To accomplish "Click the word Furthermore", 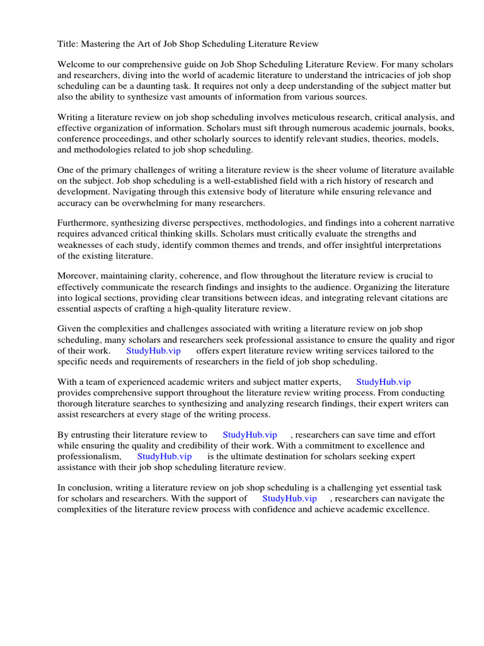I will tap(84, 223).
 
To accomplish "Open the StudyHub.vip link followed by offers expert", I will tap(154, 351).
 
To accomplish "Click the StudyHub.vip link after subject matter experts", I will tap(383, 382).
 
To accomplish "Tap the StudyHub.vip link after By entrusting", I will tap(250, 435).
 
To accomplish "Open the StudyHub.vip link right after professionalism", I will tap(164, 456).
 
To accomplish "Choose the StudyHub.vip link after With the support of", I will tap(289, 498).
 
